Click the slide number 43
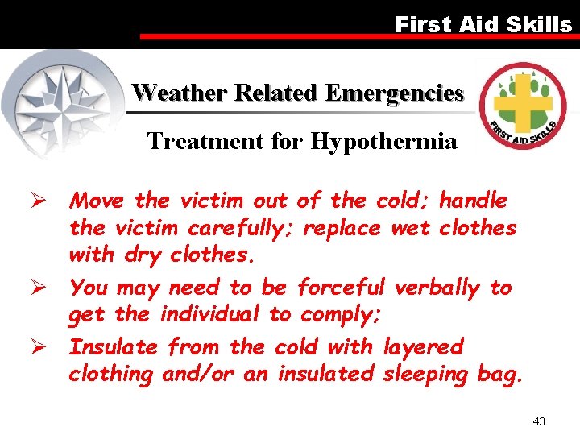[x=539, y=421]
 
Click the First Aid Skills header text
[x=483, y=24]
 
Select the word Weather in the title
[x=181, y=93]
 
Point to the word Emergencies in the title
[x=394, y=93]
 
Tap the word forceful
[x=342, y=288]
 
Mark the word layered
[x=423, y=348]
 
